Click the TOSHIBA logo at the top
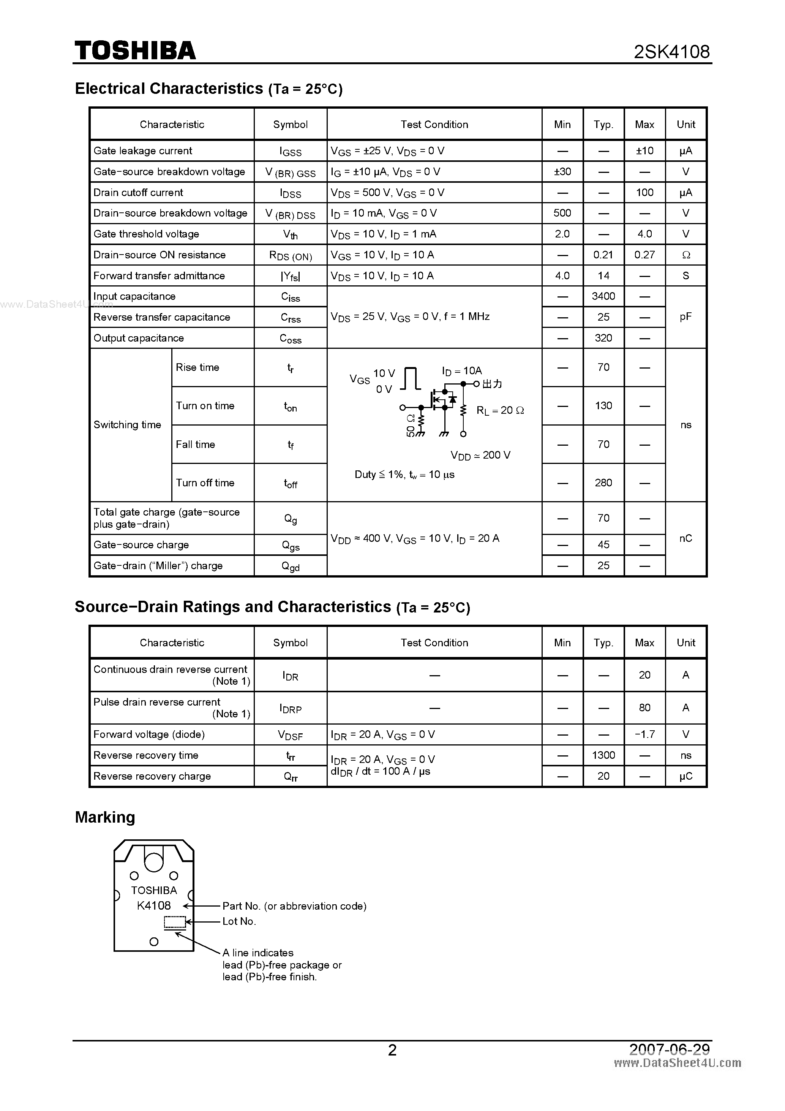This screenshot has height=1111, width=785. coord(135,51)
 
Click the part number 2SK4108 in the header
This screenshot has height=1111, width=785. coord(671,52)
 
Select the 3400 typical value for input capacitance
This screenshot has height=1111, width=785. coord(603,296)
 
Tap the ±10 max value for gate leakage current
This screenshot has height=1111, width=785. coord(644,150)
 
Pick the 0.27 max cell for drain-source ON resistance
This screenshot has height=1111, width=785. coord(644,255)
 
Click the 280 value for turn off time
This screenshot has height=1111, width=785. coord(603,483)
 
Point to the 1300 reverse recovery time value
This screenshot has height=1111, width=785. coord(603,755)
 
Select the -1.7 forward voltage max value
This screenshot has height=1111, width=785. coord(644,734)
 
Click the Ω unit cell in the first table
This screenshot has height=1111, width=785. coord(685,255)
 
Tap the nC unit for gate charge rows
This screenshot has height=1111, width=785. coord(685,538)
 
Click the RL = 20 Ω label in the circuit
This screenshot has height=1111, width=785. coord(500,410)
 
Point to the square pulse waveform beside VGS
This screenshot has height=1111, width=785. coord(411,378)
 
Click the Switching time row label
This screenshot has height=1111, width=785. coord(127,424)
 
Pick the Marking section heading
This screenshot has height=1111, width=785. coord(105,817)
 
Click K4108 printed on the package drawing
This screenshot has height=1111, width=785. coord(154,905)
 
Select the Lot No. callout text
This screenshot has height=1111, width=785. coord(239,921)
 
